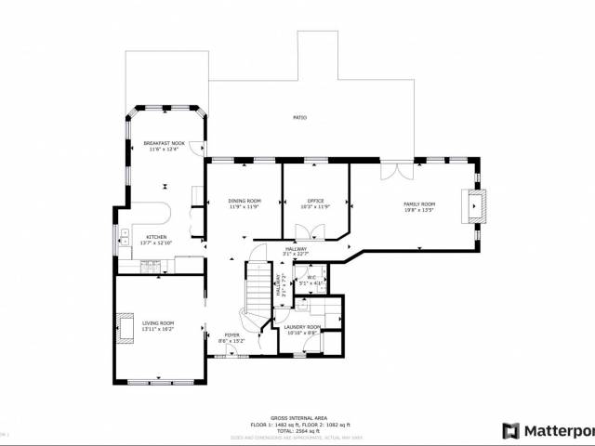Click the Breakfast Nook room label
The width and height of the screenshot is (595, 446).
164,143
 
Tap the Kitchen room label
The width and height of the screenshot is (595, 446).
155,239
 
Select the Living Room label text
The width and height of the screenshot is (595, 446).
159,324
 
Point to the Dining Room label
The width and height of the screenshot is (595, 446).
245,202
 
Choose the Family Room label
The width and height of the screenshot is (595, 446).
418,204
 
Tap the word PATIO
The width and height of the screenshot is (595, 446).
299,118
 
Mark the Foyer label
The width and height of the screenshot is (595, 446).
231,336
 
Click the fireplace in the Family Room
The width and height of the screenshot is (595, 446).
477,204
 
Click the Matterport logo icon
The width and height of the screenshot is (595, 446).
509,430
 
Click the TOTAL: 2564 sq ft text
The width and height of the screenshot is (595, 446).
297,430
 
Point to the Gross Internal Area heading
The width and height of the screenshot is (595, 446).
297,418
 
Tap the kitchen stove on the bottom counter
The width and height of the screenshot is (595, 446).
150,267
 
